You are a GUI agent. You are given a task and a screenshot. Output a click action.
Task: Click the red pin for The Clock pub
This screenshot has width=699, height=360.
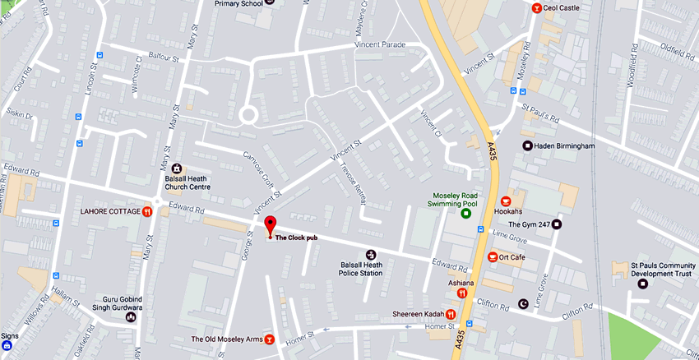(x=270, y=224)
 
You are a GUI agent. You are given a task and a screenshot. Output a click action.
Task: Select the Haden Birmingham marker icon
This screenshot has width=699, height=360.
(x=528, y=146)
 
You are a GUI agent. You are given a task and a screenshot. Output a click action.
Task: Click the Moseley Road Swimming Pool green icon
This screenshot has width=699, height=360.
(x=466, y=214)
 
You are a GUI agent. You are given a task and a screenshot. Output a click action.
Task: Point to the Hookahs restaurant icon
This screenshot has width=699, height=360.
(x=507, y=201)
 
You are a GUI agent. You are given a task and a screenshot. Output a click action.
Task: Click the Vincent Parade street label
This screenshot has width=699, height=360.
(x=380, y=44)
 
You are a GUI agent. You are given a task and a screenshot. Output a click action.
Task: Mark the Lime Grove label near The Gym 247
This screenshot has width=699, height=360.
(x=510, y=234)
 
